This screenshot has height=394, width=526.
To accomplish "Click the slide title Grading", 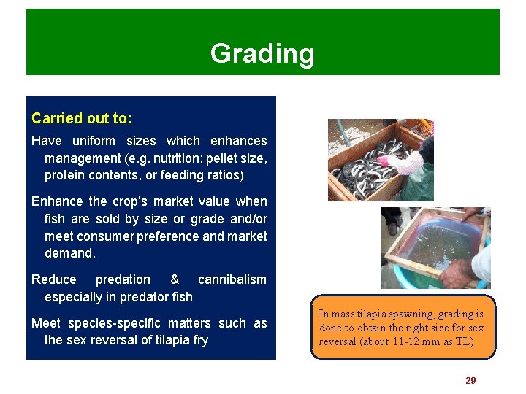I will coord(262,53).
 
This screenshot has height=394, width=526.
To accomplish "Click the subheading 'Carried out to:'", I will coord(81,118).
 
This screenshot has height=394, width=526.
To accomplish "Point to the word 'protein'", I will coord(64,176).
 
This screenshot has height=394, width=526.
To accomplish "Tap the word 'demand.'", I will coord(70,254).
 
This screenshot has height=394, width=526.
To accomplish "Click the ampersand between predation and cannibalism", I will coord(174,279).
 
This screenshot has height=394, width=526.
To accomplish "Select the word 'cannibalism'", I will coord(232,279).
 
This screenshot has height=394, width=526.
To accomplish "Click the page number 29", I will coord(470,380).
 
